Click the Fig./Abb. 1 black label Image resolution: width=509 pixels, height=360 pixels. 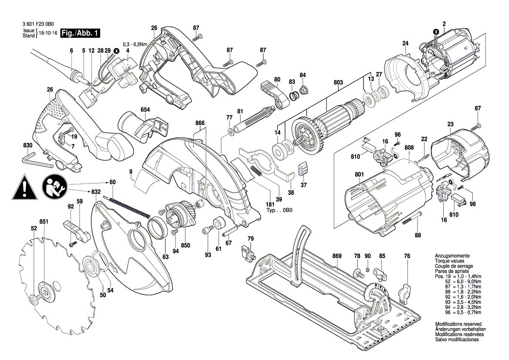81,33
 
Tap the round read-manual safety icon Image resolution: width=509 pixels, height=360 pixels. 55,186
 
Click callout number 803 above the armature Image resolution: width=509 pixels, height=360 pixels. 338,82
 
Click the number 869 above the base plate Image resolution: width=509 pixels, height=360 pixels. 337,256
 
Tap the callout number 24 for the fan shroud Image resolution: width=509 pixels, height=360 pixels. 405,43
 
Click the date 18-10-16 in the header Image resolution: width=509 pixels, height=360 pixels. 48,33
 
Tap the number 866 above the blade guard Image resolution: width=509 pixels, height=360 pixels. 200,123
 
